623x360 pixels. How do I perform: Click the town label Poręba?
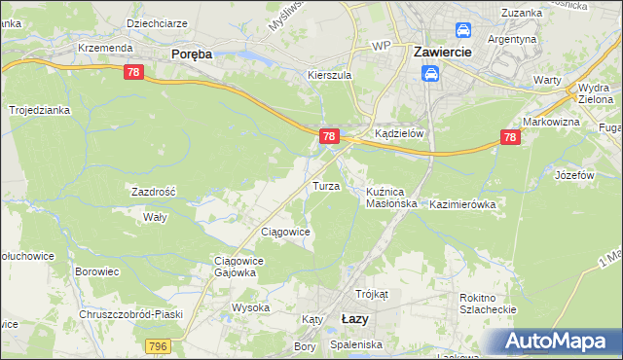[192, 54]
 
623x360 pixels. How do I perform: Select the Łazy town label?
[355, 318]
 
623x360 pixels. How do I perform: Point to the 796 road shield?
[158, 345]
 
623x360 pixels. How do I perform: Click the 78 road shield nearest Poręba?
[134, 72]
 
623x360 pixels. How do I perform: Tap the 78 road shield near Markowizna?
[509, 138]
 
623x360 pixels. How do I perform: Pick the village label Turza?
[324, 185]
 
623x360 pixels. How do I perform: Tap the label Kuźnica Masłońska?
[391, 198]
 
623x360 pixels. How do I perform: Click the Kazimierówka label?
[462, 204]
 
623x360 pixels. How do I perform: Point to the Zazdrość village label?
[154, 192]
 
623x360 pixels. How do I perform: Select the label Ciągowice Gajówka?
[234, 267]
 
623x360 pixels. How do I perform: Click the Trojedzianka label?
[40, 110]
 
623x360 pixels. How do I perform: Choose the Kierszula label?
[328, 74]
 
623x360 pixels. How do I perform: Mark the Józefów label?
[574, 175]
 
